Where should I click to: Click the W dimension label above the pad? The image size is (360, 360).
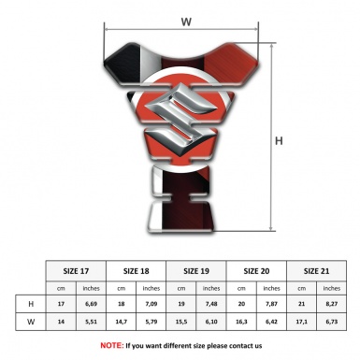coord(186,22)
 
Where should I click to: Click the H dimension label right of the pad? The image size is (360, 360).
coord(279,141)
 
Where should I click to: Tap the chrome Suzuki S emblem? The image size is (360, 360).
coord(181,119)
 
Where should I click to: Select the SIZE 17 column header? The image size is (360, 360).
coord(76,271)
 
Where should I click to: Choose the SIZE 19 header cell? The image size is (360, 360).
coord(196,271)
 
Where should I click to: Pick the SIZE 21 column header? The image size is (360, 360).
coord(316,271)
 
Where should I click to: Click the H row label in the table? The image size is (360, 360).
coord(31,304)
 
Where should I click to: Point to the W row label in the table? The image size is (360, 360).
coord(31,322)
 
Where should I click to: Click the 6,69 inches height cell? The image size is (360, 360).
coord(91,304)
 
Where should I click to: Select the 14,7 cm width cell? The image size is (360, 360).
coord(122,322)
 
